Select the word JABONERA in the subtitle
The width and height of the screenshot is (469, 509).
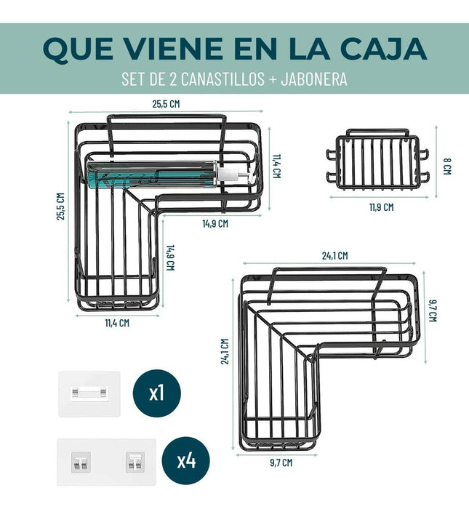click(x=314, y=79)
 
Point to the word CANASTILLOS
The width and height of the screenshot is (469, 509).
click(x=223, y=79)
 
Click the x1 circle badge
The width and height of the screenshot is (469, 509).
click(x=157, y=393)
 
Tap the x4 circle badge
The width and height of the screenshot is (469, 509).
click(x=185, y=460)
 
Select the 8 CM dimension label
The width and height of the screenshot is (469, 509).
click(x=447, y=167)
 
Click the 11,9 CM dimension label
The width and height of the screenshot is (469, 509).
click(x=381, y=207)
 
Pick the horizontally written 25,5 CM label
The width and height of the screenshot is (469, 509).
click(x=166, y=104)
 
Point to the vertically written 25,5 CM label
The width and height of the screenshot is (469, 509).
click(x=60, y=207)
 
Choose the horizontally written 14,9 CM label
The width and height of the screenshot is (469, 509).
click(x=215, y=224)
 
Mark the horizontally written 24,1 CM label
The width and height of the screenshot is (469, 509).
click(x=334, y=256)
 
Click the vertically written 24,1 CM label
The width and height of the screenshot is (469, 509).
click(x=225, y=351)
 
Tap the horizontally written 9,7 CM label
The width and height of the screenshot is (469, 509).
click(x=281, y=462)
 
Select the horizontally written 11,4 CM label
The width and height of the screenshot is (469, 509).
click(x=117, y=323)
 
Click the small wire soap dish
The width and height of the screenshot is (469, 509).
click(x=377, y=160)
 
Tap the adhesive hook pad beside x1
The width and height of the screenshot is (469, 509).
click(x=89, y=394)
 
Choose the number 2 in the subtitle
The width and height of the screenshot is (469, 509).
click(x=173, y=79)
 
